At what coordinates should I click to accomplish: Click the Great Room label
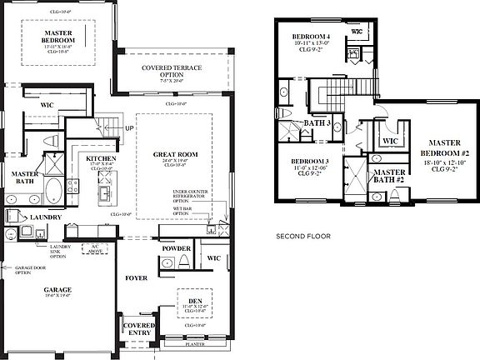174,155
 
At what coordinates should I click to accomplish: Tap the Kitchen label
100,158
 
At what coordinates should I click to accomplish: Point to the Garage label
57,290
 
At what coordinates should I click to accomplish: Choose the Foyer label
137,277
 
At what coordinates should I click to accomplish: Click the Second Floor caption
303,237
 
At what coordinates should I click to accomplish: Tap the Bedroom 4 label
310,37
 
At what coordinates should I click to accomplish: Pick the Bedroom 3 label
309,161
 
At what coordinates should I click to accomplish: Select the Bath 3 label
317,123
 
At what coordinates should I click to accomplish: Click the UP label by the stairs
129,128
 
